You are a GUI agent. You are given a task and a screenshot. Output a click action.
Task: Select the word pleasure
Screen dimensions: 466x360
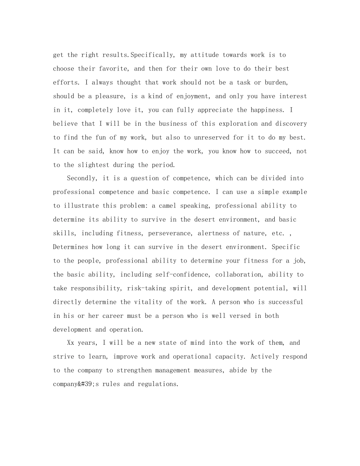[x=108, y=96]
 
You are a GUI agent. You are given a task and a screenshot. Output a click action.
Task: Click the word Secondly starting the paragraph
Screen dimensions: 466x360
[x=81, y=178]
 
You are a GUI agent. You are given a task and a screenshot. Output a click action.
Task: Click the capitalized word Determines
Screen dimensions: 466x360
[x=70, y=247]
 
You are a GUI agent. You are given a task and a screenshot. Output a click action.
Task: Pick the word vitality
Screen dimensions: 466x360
[x=148, y=302]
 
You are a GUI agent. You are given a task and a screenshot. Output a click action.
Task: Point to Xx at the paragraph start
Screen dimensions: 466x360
[x=70, y=343]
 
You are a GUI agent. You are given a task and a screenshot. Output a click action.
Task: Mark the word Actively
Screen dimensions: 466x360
[x=265, y=357]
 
